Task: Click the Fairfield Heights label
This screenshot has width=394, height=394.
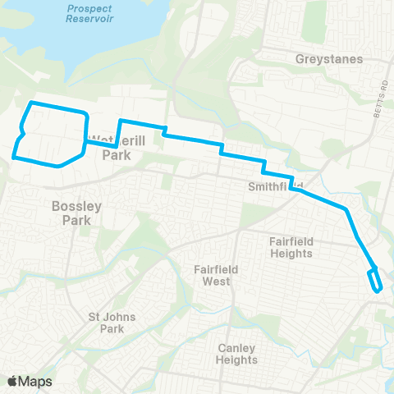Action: (x=291, y=247)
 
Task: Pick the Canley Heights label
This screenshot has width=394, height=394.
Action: (x=237, y=353)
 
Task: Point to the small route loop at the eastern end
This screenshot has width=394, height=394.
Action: (x=375, y=279)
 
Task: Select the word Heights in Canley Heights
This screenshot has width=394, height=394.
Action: (x=237, y=360)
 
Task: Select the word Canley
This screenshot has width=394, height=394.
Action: (x=237, y=347)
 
